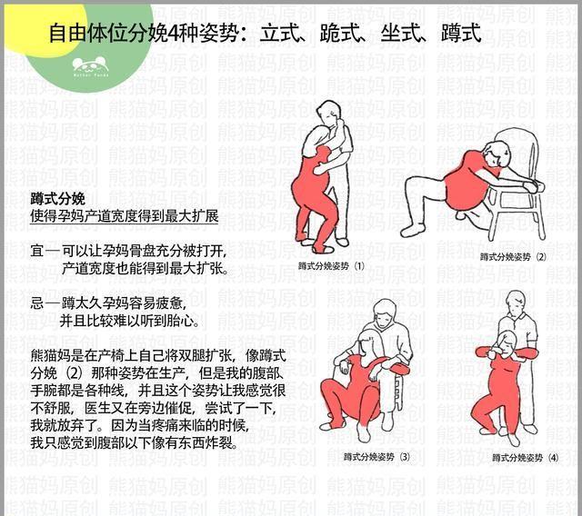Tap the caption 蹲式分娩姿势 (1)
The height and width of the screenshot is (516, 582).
click(331, 266)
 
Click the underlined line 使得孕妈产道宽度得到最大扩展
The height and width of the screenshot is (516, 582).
click(125, 217)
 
